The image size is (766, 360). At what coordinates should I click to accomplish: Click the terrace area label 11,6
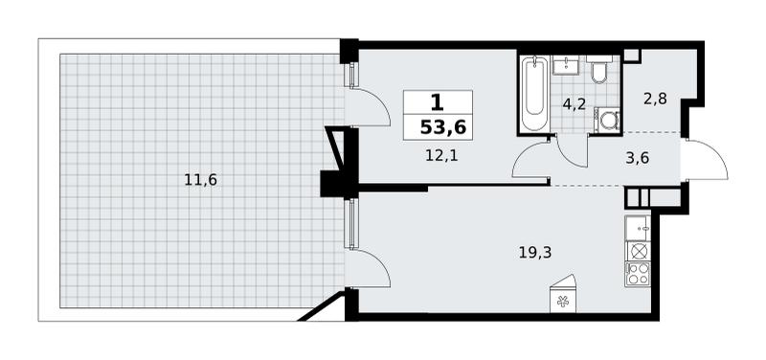[x=200, y=180]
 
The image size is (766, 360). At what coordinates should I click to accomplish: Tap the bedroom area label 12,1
[x=440, y=157]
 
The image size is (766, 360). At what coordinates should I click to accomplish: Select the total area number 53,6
[x=443, y=127]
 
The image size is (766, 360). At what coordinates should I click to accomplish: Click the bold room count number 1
[x=437, y=102]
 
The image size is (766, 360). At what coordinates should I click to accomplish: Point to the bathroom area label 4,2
[x=574, y=104]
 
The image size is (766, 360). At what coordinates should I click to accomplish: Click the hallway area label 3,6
[x=638, y=158]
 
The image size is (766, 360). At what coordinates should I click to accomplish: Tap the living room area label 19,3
[x=535, y=253]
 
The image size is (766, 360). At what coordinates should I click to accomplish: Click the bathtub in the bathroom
[x=534, y=94]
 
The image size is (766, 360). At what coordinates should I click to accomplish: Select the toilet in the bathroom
[x=599, y=70]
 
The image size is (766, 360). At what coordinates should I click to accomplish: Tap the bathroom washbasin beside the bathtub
[x=566, y=65]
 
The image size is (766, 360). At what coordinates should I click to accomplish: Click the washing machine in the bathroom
[x=607, y=120]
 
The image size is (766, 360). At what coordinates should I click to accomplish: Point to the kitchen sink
[x=638, y=228]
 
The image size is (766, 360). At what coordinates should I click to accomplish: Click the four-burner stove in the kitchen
[x=638, y=274]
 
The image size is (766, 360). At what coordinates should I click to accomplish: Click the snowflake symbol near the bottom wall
[x=562, y=302]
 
